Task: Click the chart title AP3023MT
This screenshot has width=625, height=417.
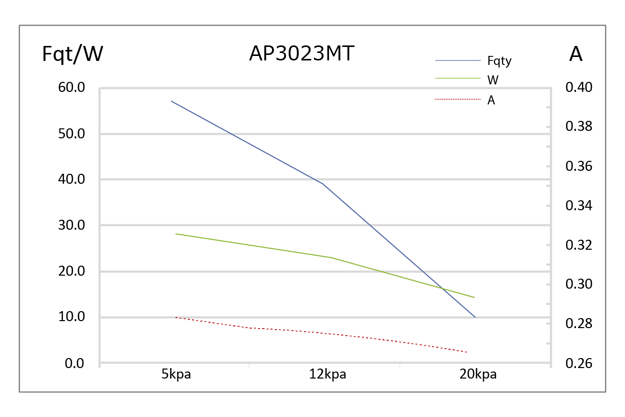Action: (x=301, y=53)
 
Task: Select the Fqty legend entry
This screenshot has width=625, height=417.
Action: (x=499, y=61)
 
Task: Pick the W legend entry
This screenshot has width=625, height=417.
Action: (x=492, y=79)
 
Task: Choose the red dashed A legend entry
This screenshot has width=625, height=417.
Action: (x=491, y=100)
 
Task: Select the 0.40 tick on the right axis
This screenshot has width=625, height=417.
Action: (x=578, y=88)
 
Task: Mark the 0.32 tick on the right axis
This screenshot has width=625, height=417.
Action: (x=578, y=245)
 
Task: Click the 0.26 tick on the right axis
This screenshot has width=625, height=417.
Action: (x=578, y=364)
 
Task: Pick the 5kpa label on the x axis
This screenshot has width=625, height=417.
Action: (x=176, y=375)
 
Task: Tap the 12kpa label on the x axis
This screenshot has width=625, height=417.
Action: (x=327, y=375)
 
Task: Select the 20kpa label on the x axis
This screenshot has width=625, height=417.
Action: (x=478, y=375)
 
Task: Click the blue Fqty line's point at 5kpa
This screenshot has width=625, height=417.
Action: (x=171, y=101)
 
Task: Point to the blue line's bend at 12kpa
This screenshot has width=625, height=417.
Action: (x=323, y=184)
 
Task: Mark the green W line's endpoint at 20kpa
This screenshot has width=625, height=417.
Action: (x=474, y=298)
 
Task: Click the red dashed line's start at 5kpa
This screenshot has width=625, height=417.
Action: (x=175, y=317)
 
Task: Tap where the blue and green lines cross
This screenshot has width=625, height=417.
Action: (x=442, y=288)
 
